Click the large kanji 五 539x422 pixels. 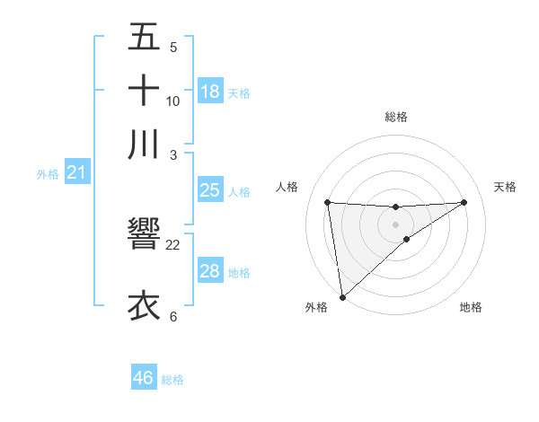pyautogui.click(x=144, y=39)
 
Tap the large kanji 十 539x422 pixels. pyautogui.click(x=144, y=91)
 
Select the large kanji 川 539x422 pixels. pyautogui.click(x=144, y=143)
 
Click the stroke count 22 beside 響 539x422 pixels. pyautogui.click(x=173, y=244)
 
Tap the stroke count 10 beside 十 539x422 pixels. pyautogui.click(x=173, y=101)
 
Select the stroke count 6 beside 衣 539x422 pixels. pyautogui.click(x=173, y=316)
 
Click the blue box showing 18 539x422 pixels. pyautogui.click(x=210, y=92)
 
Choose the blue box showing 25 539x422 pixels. pyautogui.click(x=210, y=190)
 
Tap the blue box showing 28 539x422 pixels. pyautogui.click(x=210, y=271)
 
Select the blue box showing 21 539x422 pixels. pyautogui.click(x=76, y=172)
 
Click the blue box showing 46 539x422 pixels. pyautogui.click(x=144, y=378)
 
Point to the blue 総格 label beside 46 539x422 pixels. pyautogui.click(x=172, y=380)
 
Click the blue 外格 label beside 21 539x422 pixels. pyautogui.click(x=48, y=174)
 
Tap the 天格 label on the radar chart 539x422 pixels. pyautogui.click(x=506, y=187)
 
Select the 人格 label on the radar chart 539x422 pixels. pyautogui.click(x=287, y=187)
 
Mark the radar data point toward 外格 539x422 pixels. pyautogui.click(x=342, y=296)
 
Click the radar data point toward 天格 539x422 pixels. pyautogui.click(x=464, y=202)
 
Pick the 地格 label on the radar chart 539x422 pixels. pyautogui.click(x=471, y=307)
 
